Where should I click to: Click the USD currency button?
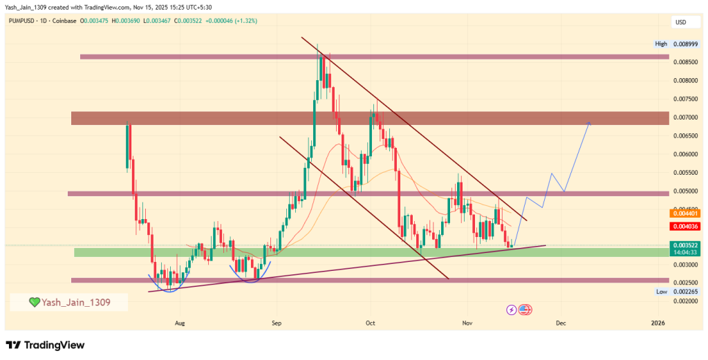[680, 22]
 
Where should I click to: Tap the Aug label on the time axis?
[180, 323]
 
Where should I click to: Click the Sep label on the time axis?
[277, 323]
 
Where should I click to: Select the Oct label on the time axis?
[370, 323]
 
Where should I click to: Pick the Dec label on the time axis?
[561, 323]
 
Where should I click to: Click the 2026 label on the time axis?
[658, 323]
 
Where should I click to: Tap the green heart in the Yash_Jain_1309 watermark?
[33, 302]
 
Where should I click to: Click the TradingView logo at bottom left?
[45, 344]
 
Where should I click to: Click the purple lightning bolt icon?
[512, 310]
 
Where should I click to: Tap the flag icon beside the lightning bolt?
[524, 310]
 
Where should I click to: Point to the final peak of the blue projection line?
[589, 122]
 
